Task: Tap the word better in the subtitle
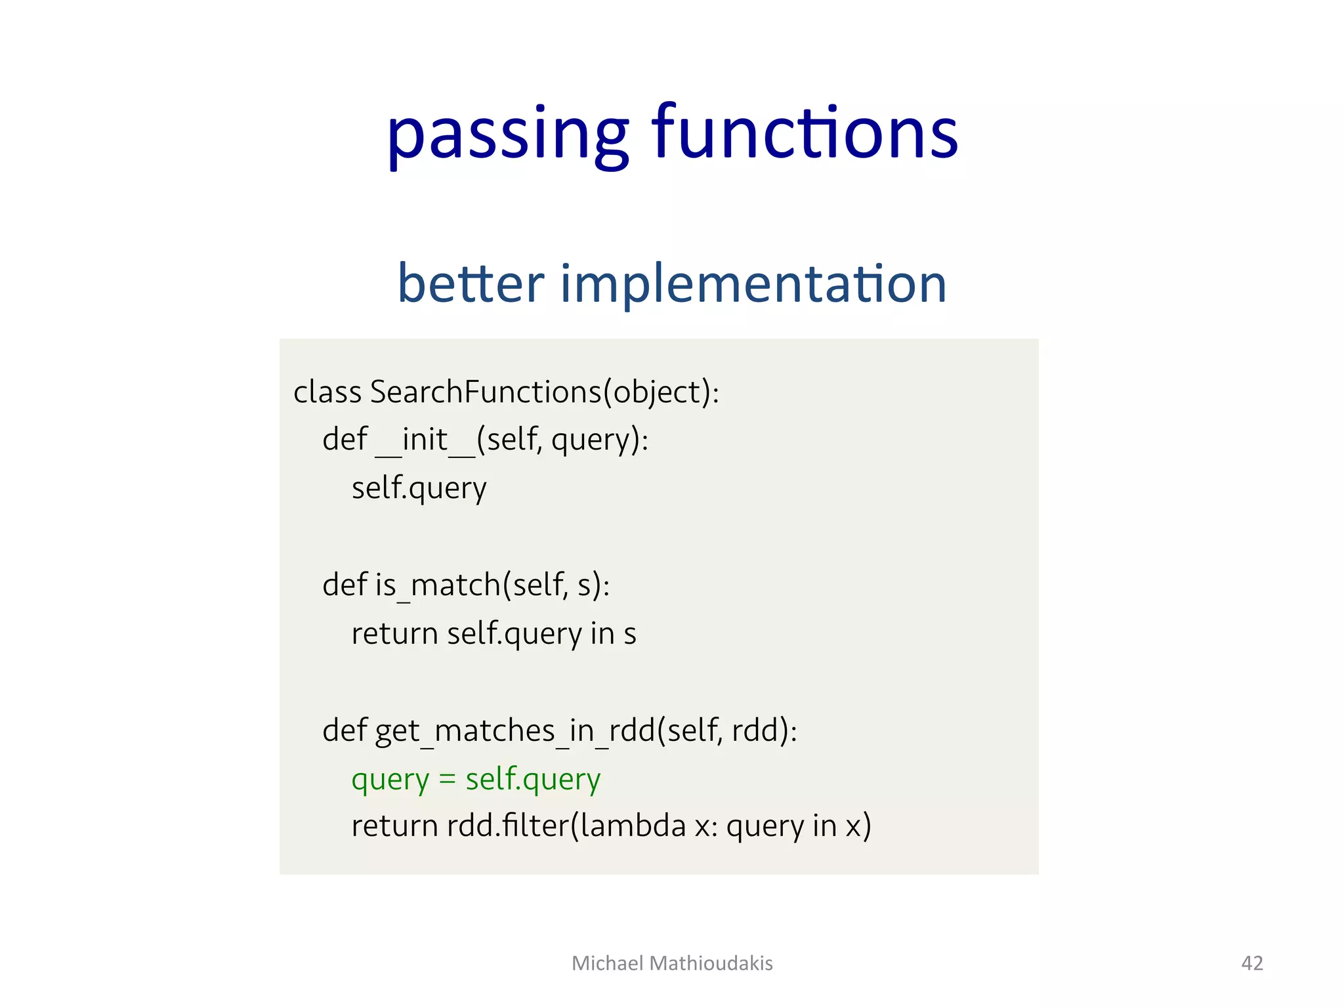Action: [471, 283]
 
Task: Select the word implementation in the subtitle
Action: [753, 283]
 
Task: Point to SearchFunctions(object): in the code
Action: [545, 392]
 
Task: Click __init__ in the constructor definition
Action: [425, 440]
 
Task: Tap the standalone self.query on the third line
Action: [419, 488]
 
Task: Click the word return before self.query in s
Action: [394, 634]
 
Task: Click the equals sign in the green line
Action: [447, 779]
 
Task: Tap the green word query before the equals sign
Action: [390, 780]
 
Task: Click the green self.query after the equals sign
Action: [533, 780]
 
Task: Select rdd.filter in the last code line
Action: [508, 826]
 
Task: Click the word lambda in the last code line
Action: [633, 826]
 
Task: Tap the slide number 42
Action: [1252, 963]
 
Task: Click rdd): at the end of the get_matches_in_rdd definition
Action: [764, 730]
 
